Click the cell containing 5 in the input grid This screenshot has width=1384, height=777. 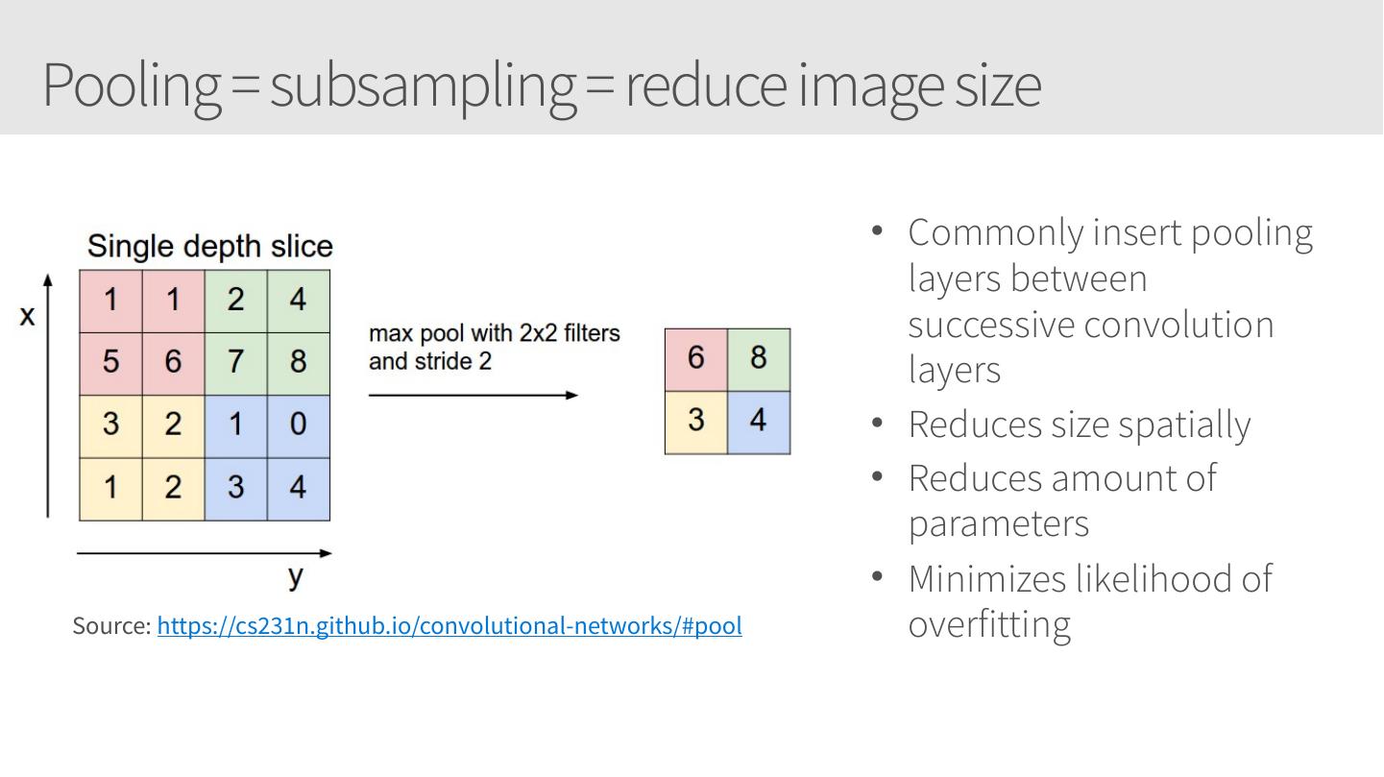point(110,362)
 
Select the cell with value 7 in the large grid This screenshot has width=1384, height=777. point(235,362)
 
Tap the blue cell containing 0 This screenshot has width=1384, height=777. point(298,425)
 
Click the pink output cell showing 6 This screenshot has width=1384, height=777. point(696,358)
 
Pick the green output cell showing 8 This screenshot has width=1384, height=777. point(759,358)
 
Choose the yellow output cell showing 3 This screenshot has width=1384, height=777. point(696,421)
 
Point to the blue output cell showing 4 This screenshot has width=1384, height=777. point(759,421)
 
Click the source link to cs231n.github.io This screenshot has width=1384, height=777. point(449,626)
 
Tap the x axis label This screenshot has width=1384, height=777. point(27,315)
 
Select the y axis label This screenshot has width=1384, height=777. point(296,576)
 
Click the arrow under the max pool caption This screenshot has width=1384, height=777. point(473,395)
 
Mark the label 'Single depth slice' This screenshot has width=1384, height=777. point(209,247)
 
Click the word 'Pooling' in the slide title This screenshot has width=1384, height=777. point(132,85)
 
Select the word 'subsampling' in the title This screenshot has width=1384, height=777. point(423,85)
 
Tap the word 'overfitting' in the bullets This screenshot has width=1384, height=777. point(989,624)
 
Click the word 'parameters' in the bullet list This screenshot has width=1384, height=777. point(999,524)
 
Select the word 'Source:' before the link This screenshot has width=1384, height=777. point(111,626)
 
